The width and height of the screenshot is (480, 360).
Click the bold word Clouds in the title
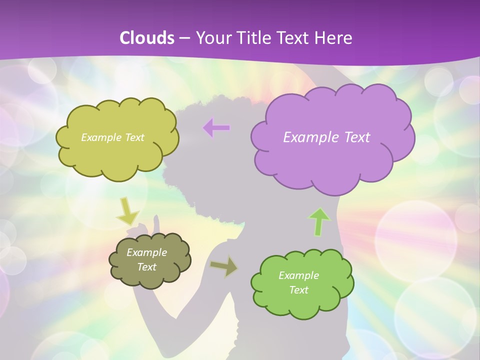click(x=146, y=37)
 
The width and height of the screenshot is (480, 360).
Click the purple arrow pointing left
click(x=216, y=128)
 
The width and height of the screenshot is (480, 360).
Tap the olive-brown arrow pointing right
click(x=224, y=267)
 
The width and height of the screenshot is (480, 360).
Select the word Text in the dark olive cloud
click(x=146, y=267)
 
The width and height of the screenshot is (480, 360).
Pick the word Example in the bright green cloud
click(x=298, y=275)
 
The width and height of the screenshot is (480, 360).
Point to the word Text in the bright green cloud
click(x=298, y=290)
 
